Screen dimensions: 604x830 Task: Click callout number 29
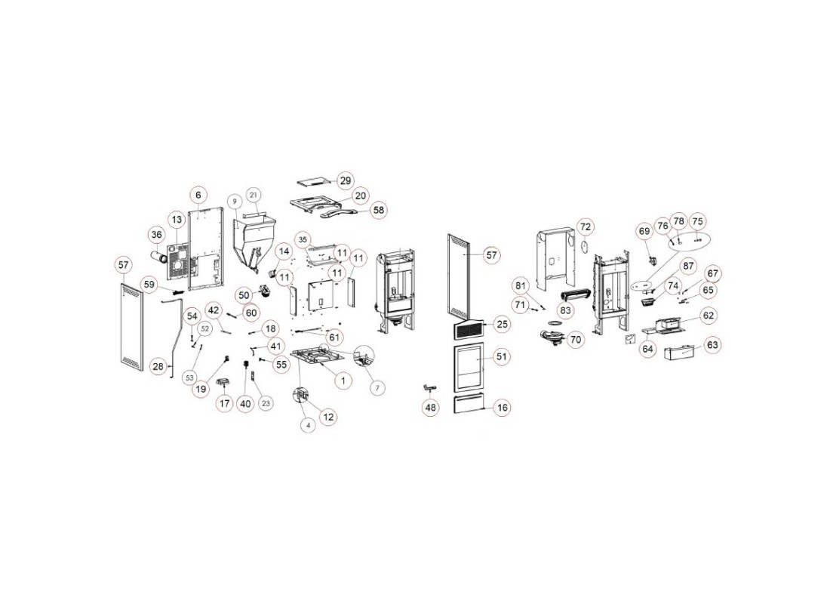(x=345, y=181)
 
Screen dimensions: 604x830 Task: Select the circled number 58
(x=378, y=210)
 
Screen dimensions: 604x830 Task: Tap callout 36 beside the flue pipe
(x=156, y=235)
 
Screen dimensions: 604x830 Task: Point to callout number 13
(x=176, y=220)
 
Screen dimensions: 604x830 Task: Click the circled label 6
(x=198, y=195)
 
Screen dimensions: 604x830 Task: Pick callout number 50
(x=244, y=294)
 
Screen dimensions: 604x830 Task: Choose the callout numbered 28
(x=158, y=366)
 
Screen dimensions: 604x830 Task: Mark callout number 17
(x=225, y=404)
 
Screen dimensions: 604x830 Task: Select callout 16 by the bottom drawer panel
(x=503, y=408)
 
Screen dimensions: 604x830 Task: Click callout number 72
(x=586, y=226)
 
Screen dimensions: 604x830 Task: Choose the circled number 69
(x=644, y=230)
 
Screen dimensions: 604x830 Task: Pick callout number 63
(x=713, y=345)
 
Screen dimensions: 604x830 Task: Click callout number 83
(x=565, y=310)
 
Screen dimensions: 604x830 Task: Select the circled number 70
(x=576, y=341)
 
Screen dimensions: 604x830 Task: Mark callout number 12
(x=329, y=417)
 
